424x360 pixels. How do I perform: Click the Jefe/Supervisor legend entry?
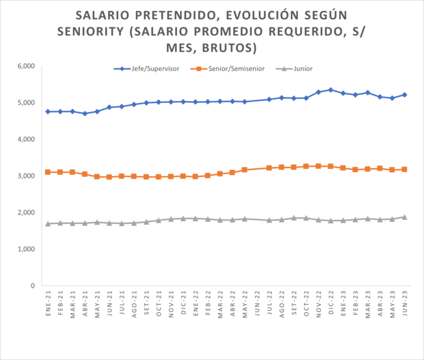point(145,69)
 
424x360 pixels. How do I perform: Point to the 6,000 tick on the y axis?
point(25,66)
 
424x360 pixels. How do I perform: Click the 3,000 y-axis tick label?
point(25,176)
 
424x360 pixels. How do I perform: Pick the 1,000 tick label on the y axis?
point(25,249)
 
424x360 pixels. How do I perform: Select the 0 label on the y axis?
point(31,286)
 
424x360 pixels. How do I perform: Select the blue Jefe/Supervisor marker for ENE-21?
point(48,111)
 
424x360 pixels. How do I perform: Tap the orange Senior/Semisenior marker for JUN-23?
point(405,169)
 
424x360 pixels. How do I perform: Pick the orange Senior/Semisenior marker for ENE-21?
point(48,172)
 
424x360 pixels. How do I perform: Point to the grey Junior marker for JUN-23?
point(405,217)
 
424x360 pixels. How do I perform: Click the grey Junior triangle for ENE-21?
point(48,223)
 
